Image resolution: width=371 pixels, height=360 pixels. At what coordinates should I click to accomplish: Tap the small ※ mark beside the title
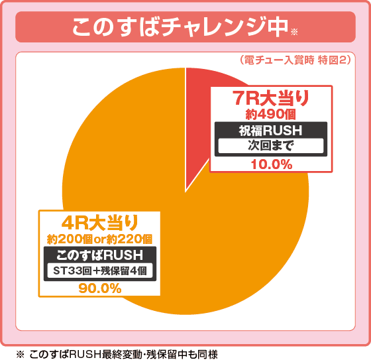(295, 30)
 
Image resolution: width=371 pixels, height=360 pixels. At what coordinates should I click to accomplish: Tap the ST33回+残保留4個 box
(101, 270)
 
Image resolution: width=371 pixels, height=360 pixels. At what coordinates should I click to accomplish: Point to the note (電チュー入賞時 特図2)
(293, 60)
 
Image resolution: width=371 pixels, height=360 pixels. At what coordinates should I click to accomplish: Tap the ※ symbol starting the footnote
(20, 353)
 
